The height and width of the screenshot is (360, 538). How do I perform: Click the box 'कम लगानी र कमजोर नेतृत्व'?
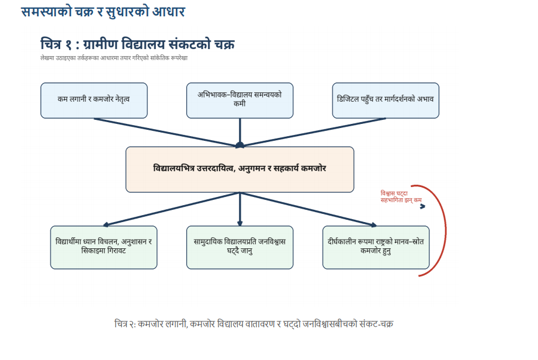click(93, 100)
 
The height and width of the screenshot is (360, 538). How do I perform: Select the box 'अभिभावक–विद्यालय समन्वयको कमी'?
click(240, 100)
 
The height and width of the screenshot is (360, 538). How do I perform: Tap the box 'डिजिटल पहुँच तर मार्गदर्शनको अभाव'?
click(386, 100)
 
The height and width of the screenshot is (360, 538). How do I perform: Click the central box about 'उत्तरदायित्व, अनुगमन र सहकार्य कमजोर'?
click(240, 169)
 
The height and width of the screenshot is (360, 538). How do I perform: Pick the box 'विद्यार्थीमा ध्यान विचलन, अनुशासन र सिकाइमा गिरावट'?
click(103, 247)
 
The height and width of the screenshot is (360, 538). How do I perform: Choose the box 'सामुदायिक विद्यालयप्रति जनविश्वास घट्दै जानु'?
click(240, 247)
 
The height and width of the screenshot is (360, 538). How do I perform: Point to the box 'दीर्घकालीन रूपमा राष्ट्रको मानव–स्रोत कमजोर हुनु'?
click(376, 247)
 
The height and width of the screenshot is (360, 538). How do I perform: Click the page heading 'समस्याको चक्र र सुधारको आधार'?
click(103, 11)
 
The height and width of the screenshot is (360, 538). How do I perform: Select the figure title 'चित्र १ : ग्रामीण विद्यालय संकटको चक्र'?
click(138, 44)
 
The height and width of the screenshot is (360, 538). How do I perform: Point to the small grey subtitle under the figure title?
click(114, 58)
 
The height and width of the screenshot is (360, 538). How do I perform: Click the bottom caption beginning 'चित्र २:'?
click(254, 323)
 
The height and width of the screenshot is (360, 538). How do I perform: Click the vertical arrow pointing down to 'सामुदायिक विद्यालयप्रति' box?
click(240, 208)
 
